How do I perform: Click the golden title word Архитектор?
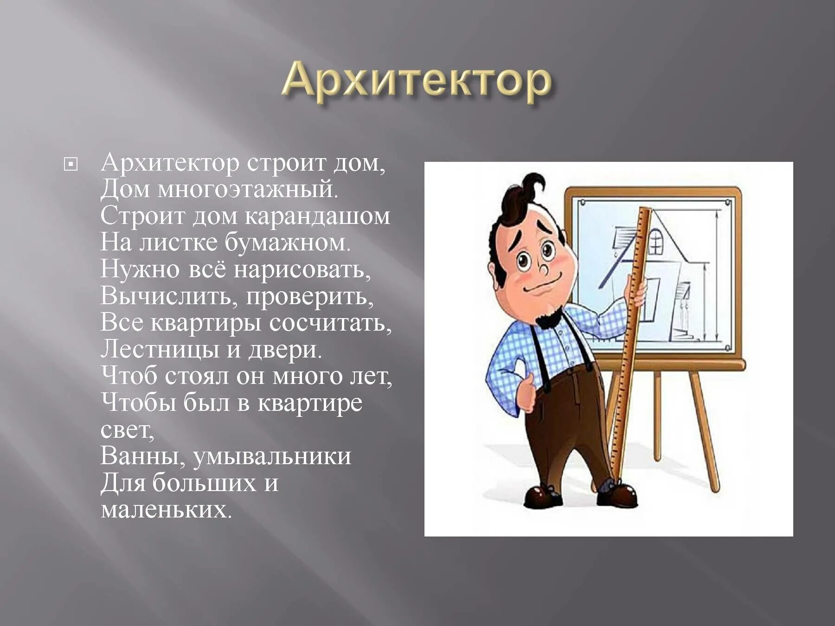[x=416, y=83]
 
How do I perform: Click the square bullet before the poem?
[x=71, y=164]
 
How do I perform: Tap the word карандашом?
[x=317, y=217]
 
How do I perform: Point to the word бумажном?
[x=287, y=243]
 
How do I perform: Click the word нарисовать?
[x=302, y=270]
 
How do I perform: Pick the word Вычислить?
[x=168, y=296]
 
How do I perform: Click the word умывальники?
[x=271, y=456]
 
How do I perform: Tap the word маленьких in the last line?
[x=166, y=510]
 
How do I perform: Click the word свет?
[x=126, y=430]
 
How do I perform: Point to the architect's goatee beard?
[x=550, y=318]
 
